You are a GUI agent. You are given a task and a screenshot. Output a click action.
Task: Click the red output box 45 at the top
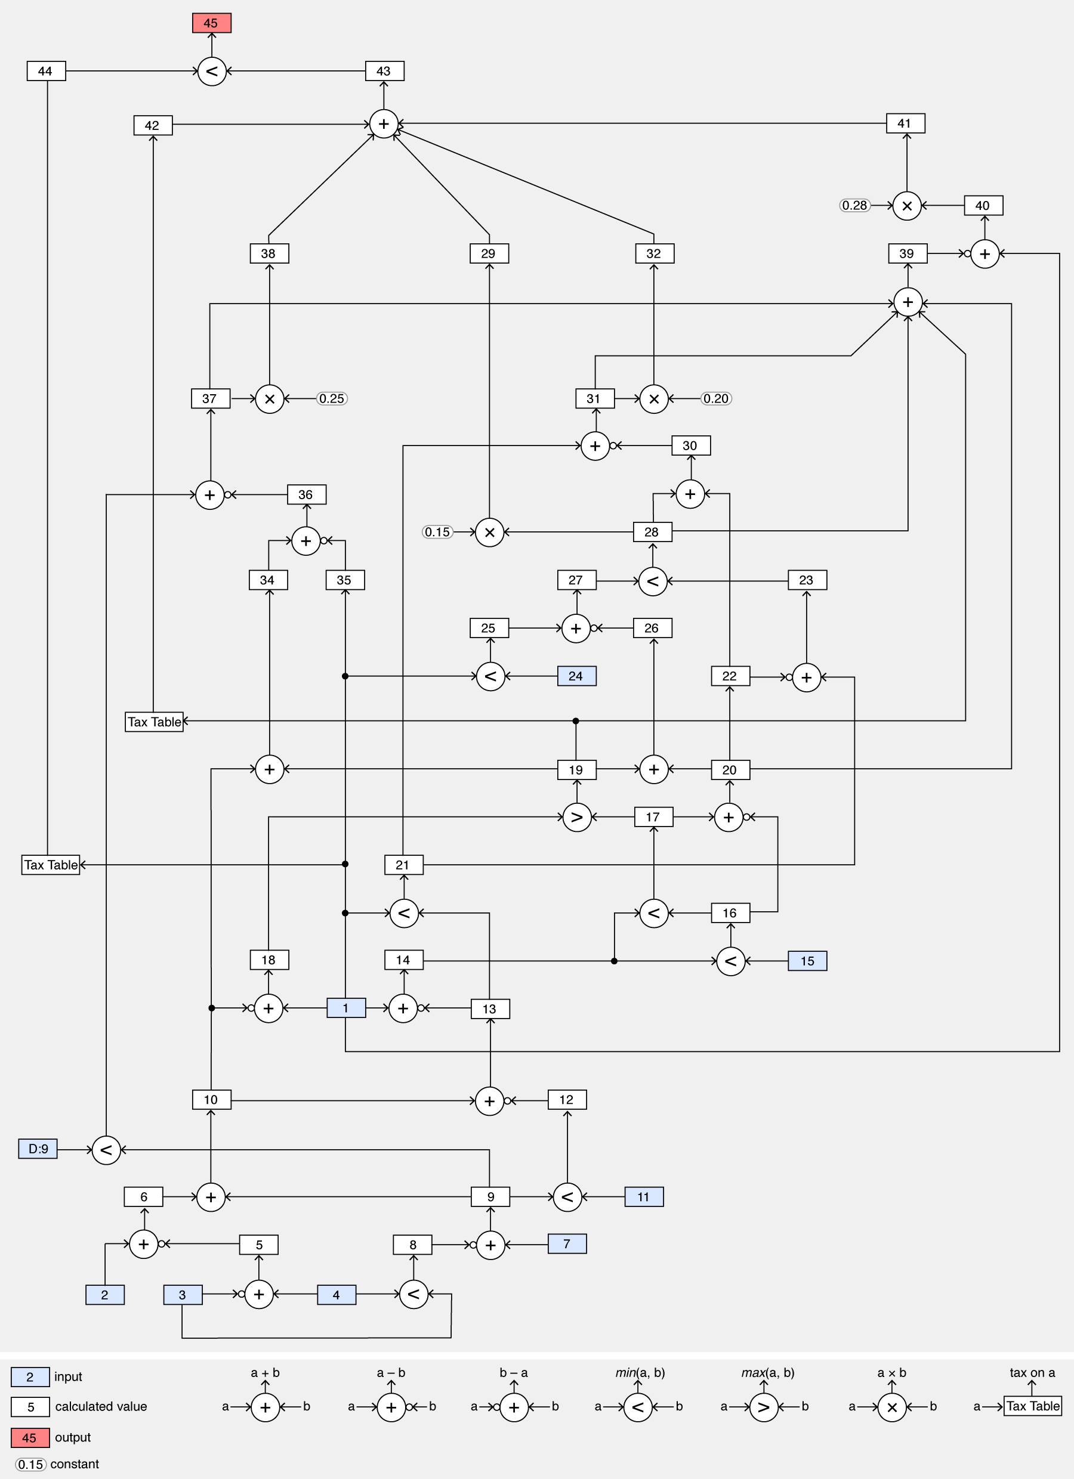(211, 23)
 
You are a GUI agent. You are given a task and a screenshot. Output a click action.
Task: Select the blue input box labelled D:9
(38, 1149)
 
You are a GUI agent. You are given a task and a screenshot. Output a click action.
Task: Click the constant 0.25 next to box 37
(332, 398)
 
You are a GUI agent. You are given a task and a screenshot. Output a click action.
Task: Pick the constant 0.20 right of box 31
(716, 398)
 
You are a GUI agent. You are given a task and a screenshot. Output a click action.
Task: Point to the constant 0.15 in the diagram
(437, 532)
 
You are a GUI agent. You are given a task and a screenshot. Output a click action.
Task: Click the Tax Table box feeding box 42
(154, 722)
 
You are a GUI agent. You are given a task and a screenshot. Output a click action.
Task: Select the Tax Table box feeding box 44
(50, 865)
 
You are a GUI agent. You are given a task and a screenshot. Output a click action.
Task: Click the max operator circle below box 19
(577, 817)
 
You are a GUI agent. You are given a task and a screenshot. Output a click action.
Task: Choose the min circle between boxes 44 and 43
(211, 71)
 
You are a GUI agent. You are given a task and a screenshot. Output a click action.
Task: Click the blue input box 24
(576, 676)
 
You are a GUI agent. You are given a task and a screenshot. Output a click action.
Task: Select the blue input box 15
(807, 961)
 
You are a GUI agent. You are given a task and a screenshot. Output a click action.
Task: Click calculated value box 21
(403, 865)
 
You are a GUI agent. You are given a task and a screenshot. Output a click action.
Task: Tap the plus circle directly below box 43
(384, 124)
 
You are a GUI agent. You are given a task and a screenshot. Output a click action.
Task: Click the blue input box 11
(643, 1197)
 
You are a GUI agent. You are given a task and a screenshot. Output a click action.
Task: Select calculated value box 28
(652, 532)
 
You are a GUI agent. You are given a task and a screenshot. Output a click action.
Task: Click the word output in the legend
(72, 1437)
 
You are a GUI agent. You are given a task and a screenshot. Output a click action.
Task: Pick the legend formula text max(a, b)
(767, 1373)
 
